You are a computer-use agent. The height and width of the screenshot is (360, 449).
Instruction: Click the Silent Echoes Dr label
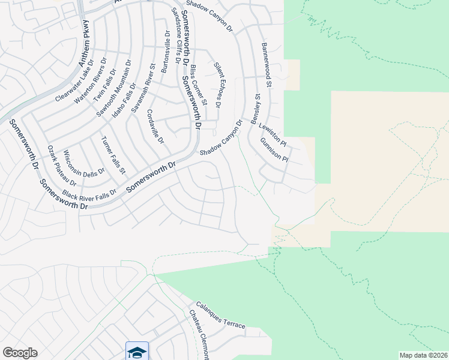[217, 85]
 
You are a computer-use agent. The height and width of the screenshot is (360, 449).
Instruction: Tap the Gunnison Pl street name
[275, 151]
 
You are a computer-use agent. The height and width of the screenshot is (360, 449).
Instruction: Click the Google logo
[20, 353]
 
